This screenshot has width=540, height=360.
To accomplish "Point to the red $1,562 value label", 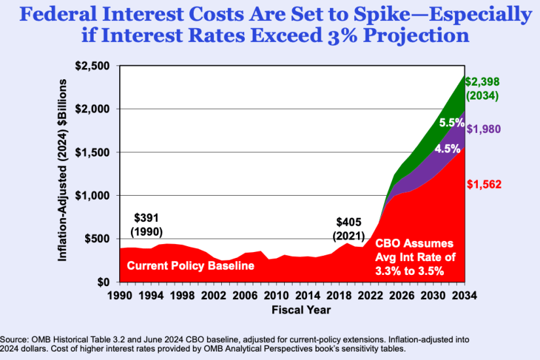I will (x=483, y=185).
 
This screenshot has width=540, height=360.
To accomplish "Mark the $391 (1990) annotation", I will (x=147, y=225).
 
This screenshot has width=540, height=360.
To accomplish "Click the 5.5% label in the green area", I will (x=452, y=122).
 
